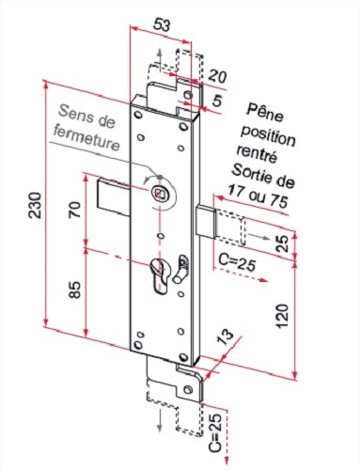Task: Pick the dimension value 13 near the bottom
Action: pos(225,338)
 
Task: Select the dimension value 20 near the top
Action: pos(218,76)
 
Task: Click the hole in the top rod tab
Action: pos(186,97)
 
